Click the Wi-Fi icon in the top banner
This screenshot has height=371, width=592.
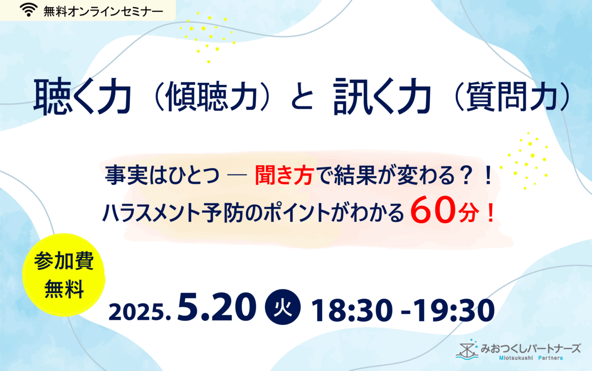point(29,10)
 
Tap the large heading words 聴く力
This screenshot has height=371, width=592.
point(82,96)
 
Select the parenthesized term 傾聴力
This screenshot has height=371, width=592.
point(212,97)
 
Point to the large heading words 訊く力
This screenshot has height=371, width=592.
point(382,96)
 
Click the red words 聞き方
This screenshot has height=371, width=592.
point(285,175)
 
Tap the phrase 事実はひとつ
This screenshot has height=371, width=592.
point(162,175)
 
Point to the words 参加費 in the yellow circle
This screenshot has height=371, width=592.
point(64,261)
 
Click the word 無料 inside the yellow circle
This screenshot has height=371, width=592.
point(64,289)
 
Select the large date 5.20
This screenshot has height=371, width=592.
point(217,307)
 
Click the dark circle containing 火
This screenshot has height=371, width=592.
point(283,307)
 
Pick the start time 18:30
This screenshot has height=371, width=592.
point(352,311)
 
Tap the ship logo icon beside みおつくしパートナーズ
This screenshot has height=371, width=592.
point(467,349)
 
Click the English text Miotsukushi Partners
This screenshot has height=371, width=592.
point(531,358)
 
